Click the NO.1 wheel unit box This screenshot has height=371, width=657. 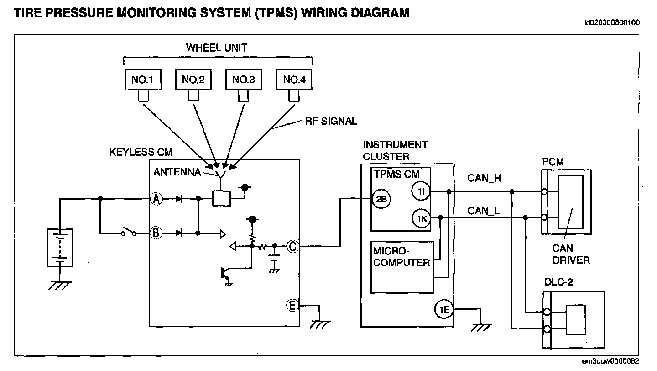142,80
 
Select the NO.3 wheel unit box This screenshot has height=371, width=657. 244,80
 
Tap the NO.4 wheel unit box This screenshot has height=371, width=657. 294,80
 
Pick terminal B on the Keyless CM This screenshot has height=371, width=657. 156,233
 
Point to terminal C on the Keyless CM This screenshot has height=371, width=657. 293,247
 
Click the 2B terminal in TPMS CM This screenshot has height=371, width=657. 381,199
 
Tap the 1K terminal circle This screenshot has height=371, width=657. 420,218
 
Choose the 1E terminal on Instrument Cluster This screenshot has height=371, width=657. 444,310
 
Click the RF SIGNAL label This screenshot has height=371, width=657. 330,122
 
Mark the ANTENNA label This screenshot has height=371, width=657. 177,172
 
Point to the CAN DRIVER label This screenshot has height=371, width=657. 571,254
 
